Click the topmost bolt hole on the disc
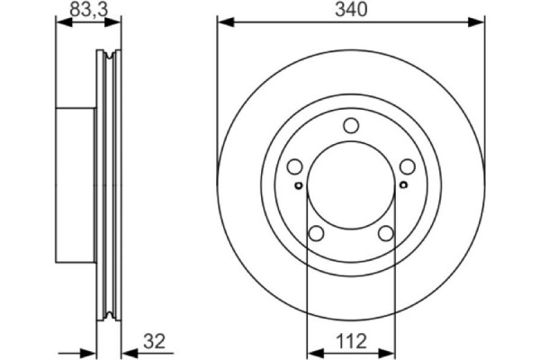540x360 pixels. pyautogui.click(x=351, y=126)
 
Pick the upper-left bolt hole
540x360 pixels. pyautogui.click(x=294, y=166)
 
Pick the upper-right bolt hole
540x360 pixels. pyautogui.click(x=408, y=166)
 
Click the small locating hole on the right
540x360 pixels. pyautogui.click(x=403, y=184)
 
